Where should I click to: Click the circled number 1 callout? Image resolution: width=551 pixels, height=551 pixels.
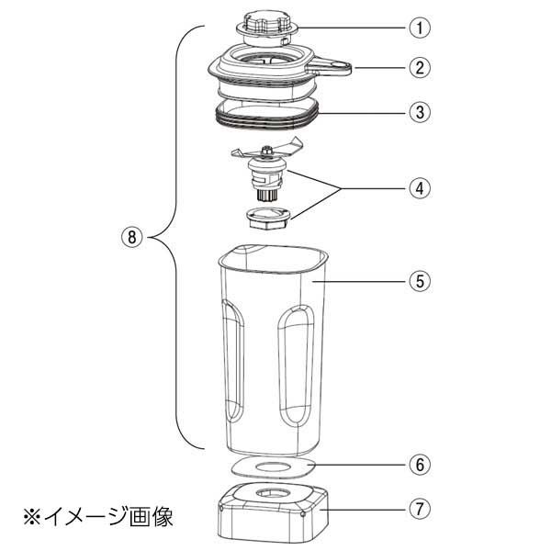420,28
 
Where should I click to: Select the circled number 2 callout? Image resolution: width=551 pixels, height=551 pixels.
420,67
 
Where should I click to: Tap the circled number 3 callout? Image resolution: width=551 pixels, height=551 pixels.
420,114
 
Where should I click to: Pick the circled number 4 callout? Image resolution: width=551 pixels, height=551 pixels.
420,188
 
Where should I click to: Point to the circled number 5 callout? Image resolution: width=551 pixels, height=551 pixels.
420,281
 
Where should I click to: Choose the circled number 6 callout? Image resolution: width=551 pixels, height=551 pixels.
420,465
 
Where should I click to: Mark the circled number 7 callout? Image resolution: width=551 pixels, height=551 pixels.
420,507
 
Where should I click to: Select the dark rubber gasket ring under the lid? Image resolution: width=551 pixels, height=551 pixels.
266,115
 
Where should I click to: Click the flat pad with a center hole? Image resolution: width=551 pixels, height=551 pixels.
270,468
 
